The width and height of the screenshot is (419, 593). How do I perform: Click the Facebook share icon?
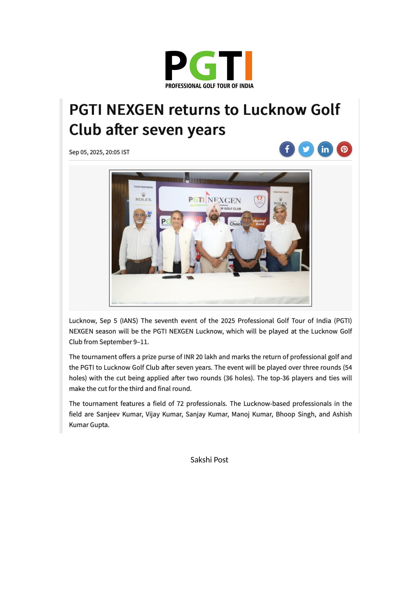(287, 149)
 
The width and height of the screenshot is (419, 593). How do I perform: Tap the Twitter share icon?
(306, 149)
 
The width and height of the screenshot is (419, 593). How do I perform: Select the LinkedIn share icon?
(325, 149)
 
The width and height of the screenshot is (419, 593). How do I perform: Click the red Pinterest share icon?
(344, 149)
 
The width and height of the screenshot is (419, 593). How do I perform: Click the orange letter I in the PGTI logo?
(249, 66)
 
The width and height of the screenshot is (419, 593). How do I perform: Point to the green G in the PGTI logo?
(203, 66)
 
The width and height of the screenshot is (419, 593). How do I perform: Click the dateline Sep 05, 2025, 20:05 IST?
(99, 152)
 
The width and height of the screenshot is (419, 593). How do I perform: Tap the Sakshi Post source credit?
(209, 460)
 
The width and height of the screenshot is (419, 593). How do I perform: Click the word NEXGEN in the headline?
(135, 110)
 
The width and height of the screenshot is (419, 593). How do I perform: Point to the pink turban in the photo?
(213, 207)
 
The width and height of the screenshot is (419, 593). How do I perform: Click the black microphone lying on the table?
(172, 277)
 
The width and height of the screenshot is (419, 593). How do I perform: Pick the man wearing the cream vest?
(177, 243)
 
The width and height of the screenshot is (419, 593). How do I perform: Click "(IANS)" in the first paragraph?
(129, 321)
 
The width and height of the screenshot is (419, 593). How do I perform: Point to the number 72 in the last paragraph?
(180, 404)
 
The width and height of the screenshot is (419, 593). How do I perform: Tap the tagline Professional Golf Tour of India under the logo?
(209, 86)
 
